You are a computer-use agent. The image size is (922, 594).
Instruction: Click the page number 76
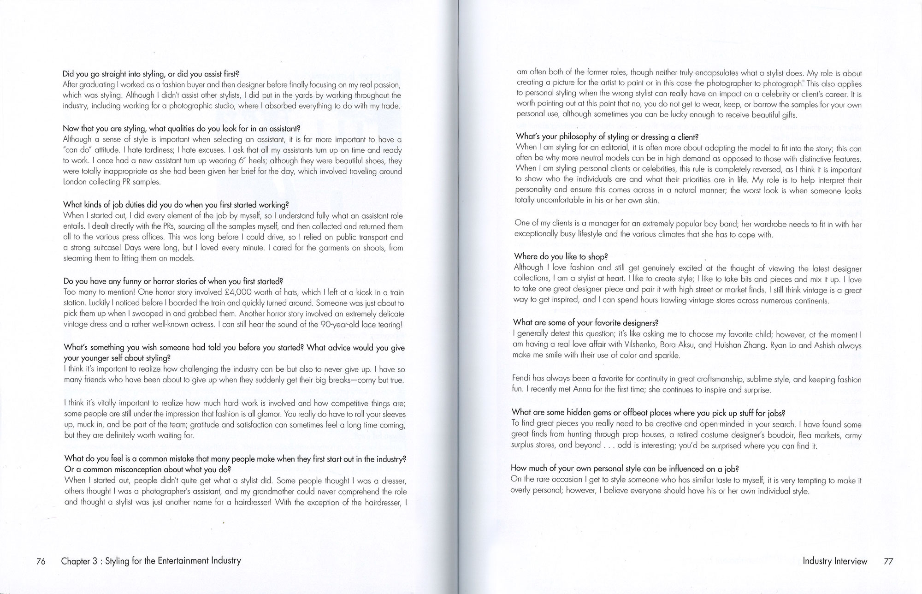click(x=41, y=561)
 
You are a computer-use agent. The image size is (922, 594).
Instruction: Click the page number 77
click(x=888, y=561)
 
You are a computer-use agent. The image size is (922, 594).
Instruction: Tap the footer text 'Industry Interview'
click(x=835, y=561)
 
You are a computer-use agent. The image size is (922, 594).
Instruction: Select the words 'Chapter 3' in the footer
click(x=79, y=561)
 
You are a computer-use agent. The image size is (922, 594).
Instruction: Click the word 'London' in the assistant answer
click(x=74, y=182)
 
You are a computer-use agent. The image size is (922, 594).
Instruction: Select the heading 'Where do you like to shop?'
click(x=561, y=256)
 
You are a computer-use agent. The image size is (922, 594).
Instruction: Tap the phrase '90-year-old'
click(x=339, y=324)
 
